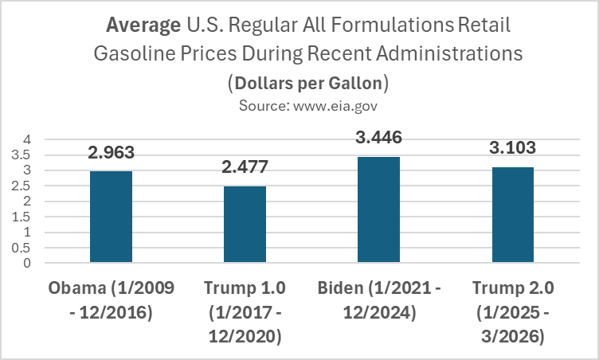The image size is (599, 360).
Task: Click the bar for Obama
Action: point(111,217)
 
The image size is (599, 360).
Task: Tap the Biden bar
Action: point(378,209)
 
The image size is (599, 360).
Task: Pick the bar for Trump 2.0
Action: point(512,214)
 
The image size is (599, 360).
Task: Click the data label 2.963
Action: point(111,153)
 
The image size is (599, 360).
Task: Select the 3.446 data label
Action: point(378,138)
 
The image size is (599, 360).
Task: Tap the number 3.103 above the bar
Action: point(512,149)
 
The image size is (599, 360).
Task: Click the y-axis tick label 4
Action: point(27,139)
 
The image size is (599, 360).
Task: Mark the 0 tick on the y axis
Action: point(27,263)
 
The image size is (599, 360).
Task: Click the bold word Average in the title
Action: point(143,25)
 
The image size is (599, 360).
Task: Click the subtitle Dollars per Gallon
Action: point(307,82)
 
